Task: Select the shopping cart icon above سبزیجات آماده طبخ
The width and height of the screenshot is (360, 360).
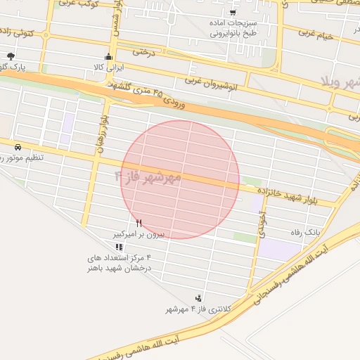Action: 233,12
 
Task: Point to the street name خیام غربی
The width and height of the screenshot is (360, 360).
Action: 314,32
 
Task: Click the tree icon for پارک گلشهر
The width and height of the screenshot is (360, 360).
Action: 10,56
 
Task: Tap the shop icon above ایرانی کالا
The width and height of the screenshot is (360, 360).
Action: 107,58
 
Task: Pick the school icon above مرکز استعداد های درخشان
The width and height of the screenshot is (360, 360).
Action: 119,247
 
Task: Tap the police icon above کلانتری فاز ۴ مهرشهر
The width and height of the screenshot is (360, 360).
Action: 198,298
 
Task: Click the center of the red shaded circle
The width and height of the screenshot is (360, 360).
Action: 180,179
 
